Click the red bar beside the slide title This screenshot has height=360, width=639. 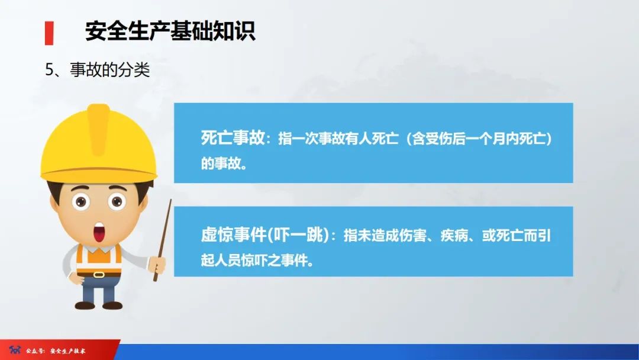click(49, 33)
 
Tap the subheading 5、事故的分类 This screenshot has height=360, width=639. click(98, 70)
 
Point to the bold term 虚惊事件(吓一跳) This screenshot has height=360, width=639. click(264, 236)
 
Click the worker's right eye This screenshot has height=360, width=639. click(117, 202)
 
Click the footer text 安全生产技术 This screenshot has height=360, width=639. click(68, 351)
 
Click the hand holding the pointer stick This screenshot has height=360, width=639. click(157, 262)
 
